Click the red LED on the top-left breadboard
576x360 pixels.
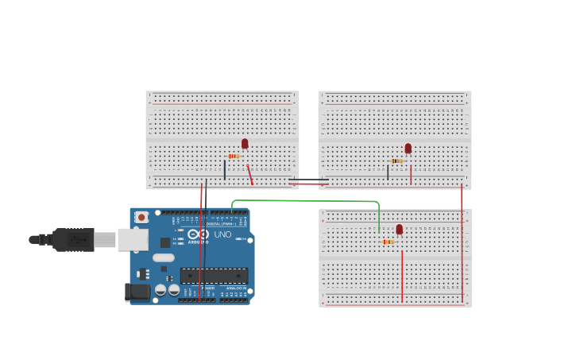coord(245,144)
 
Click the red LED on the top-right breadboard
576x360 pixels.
coord(408,149)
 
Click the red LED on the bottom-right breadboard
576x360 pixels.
coord(400,230)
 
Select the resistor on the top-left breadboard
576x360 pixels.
coord(234,157)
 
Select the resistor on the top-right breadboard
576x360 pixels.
coord(397,161)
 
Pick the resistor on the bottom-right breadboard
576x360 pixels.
coord(388,242)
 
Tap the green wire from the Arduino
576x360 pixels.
coord(302,201)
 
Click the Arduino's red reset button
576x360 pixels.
coord(141,217)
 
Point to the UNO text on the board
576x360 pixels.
coord(222,234)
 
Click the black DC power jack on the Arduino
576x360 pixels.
coord(137,292)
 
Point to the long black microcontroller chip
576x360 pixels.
coord(214,276)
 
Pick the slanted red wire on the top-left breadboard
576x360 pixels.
coord(249,174)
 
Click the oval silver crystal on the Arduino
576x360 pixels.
coord(164,257)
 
